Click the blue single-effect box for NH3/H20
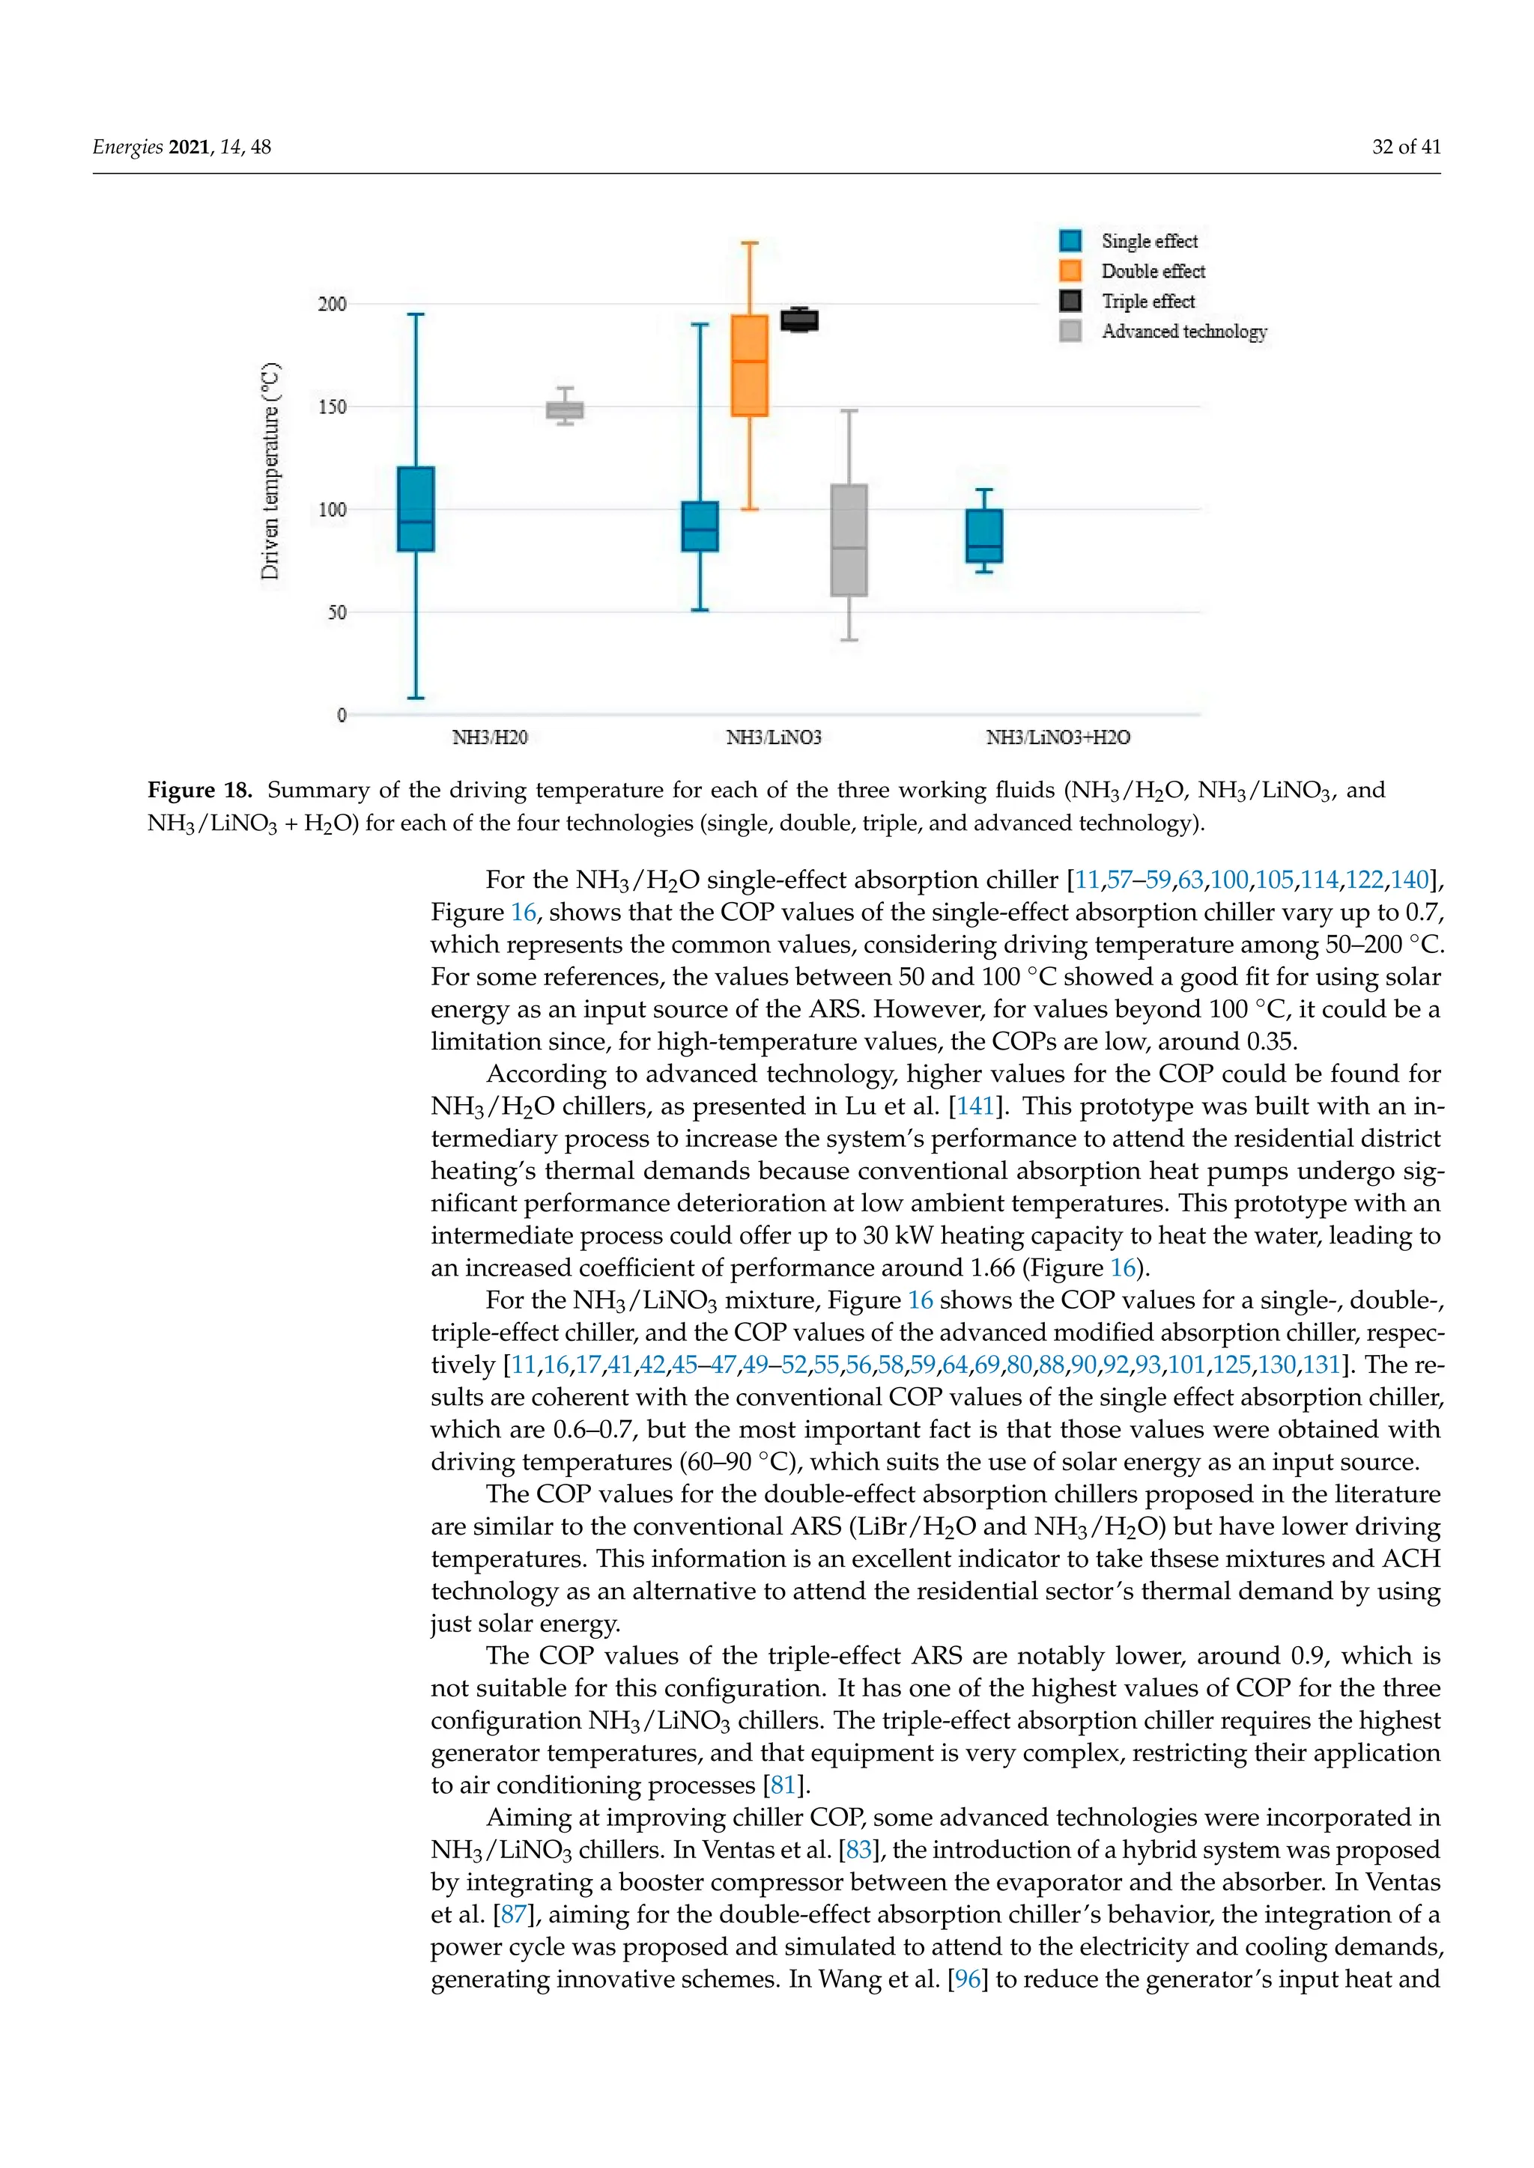pyautogui.click(x=416, y=508)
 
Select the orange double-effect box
pyautogui.click(x=749, y=365)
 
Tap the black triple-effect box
pyautogui.click(x=799, y=320)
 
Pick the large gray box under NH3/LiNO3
pyautogui.click(x=848, y=540)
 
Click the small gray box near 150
pyautogui.click(x=565, y=409)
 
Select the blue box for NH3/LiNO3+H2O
pyautogui.click(x=984, y=535)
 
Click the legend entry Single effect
pyautogui.click(x=1148, y=241)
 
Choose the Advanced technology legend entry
pyautogui.click(x=1183, y=332)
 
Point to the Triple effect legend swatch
pyautogui.click(x=1070, y=301)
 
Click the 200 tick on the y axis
pyautogui.click(x=332, y=304)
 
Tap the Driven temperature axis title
pyautogui.click(x=270, y=470)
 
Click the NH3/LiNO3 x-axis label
pyautogui.click(x=774, y=737)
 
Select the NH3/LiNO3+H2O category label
pyautogui.click(x=1058, y=737)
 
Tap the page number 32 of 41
pyautogui.click(x=1405, y=147)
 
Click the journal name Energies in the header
pyautogui.click(x=127, y=147)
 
